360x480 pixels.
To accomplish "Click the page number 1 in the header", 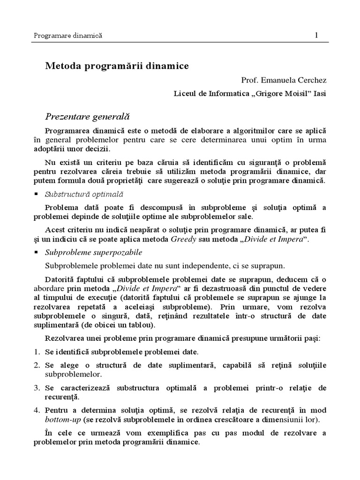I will tap(317, 35).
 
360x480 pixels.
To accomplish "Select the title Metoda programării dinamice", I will tap(117, 66).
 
